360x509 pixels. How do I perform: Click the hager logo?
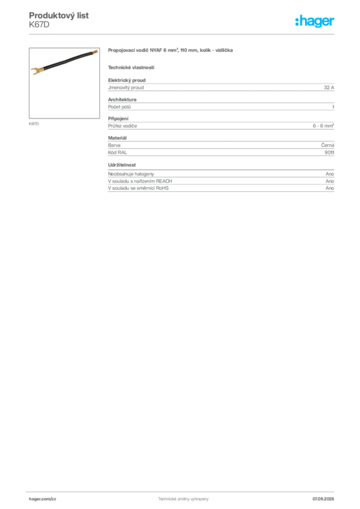point(315,21)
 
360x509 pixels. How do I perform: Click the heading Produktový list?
point(59,15)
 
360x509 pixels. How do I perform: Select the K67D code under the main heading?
point(39,25)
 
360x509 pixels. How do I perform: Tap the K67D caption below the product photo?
point(34,124)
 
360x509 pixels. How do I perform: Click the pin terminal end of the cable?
point(94,52)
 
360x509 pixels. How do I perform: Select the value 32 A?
point(329,87)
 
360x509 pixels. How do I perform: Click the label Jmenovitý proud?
point(126,87)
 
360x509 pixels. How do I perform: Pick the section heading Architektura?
point(122,99)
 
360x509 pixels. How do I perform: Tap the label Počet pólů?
point(119,107)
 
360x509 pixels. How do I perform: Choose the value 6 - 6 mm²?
point(323,126)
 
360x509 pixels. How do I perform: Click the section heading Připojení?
point(118,119)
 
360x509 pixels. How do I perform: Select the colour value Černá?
point(328,145)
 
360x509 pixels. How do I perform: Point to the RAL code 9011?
point(329,153)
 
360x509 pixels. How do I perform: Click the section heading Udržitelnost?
point(122,165)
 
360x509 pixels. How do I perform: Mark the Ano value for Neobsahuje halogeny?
point(330,174)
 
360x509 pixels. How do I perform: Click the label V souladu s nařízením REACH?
point(140,181)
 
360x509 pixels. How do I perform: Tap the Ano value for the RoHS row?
point(330,188)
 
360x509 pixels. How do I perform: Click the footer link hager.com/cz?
point(43,499)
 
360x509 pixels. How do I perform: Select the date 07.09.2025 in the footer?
point(323,499)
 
